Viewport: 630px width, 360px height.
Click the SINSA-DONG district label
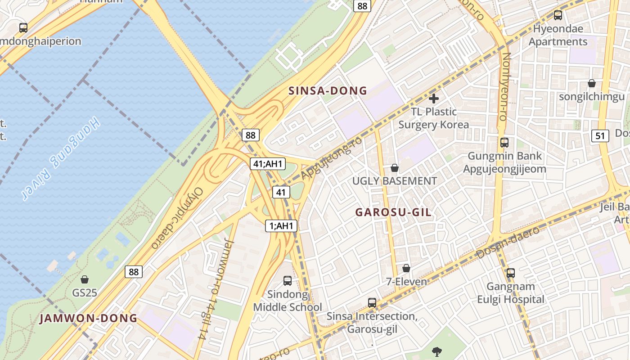click(x=328, y=91)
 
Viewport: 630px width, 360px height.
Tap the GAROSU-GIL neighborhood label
click(x=393, y=212)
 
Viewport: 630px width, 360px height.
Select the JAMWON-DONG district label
click(x=88, y=319)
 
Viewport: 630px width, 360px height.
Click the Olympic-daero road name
click(x=177, y=218)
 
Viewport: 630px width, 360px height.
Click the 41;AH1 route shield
click(x=268, y=164)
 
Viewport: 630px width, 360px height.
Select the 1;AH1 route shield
click(x=281, y=226)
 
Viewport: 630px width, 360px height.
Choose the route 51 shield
click(x=600, y=135)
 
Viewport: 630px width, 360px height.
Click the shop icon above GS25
click(x=84, y=279)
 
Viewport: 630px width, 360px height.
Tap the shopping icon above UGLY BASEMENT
click(x=395, y=168)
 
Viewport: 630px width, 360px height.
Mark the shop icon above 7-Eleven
click(x=406, y=268)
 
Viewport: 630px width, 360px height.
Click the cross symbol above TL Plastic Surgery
click(x=434, y=98)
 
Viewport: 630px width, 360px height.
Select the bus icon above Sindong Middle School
click(x=288, y=281)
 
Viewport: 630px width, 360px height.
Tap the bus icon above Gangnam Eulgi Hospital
click(x=510, y=273)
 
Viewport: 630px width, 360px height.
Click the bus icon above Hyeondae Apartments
click(x=558, y=15)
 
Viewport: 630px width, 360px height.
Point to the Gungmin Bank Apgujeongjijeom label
click(x=505, y=162)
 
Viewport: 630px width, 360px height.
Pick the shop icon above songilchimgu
click(x=592, y=83)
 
